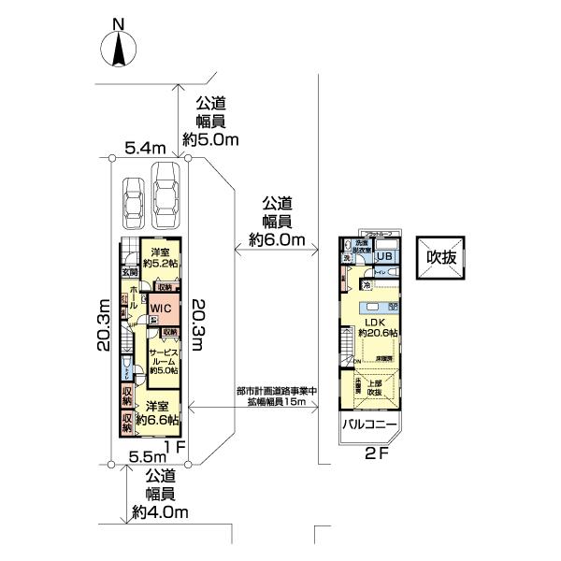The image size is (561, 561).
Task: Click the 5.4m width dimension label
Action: pyautogui.click(x=145, y=147)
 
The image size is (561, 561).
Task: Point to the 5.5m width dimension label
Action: pyautogui.click(x=147, y=457)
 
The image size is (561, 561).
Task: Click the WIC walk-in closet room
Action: pyautogui.click(x=160, y=307)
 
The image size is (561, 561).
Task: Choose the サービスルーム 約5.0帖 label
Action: pyautogui.click(x=165, y=359)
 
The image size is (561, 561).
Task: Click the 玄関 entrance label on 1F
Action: pyautogui.click(x=128, y=272)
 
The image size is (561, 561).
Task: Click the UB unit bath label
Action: pyautogui.click(x=384, y=257)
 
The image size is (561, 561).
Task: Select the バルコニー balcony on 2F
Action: pyautogui.click(x=369, y=425)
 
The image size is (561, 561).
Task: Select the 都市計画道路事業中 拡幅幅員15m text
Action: pyautogui.click(x=276, y=396)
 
